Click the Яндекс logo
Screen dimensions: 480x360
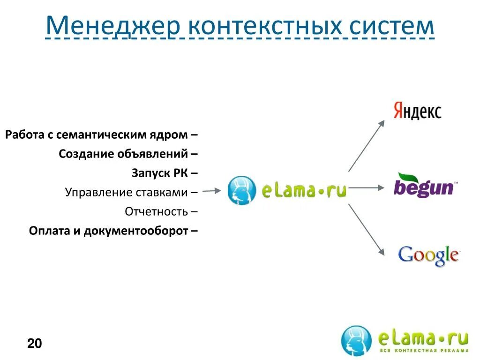417,112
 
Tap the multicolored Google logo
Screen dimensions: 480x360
428,255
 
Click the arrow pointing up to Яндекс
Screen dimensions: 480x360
367,145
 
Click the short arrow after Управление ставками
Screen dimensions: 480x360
212,191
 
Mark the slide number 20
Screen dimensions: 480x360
35,344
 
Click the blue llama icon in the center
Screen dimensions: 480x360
242,190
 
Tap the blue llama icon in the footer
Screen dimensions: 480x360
356,340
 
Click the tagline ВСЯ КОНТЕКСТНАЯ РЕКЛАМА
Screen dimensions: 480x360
423,351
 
